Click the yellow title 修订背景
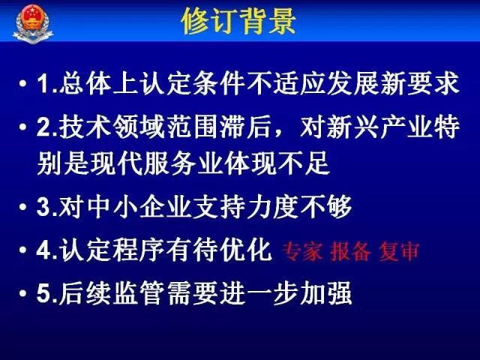point(239,22)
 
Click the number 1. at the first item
point(44,84)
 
